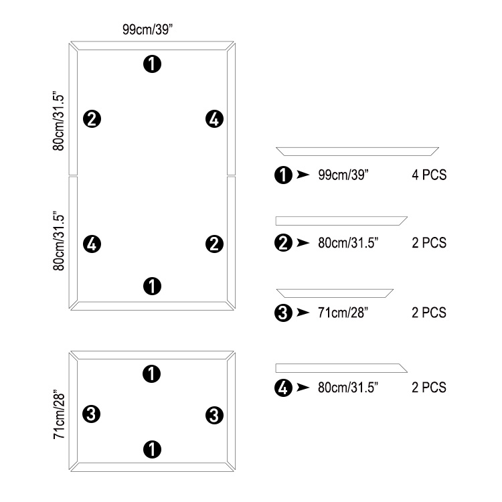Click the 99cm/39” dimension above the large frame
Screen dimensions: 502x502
(148, 29)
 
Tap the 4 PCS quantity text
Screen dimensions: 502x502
(429, 175)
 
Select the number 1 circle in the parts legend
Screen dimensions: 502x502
(283, 175)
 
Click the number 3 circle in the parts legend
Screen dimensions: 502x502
(283, 313)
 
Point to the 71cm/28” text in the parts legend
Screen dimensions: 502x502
(343, 313)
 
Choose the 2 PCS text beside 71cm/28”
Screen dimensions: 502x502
(429, 313)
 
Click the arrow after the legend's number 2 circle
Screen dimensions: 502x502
(303, 243)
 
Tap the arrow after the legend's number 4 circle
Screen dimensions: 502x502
(303, 388)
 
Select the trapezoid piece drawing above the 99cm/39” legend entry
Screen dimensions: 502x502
(357, 151)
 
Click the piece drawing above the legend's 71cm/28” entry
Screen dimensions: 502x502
(335, 293)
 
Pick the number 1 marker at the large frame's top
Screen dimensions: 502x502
(152, 64)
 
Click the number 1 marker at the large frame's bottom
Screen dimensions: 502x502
(152, 286)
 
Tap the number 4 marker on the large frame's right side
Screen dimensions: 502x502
(214, 119)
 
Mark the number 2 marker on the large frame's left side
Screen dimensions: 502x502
(92, 119)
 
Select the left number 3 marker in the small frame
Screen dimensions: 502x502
(91, 414)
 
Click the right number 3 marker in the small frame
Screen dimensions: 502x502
(214, 416)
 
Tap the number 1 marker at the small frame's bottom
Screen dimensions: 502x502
(152, 449)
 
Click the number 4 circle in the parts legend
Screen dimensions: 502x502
(283, 388)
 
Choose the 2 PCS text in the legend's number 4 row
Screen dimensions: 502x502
(429, 388)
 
